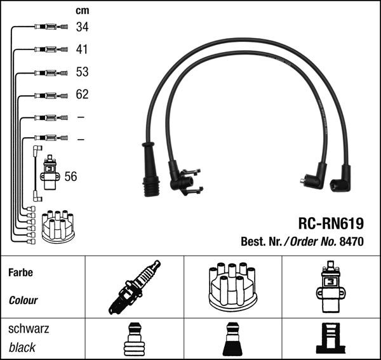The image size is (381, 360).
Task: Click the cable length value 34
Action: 82,27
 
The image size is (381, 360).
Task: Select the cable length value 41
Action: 82,49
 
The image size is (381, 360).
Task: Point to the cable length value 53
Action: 82,72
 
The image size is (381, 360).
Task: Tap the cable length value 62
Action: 82,95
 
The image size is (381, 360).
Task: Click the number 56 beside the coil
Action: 70,177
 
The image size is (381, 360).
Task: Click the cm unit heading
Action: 82,10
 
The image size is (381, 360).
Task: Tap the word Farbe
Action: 21,272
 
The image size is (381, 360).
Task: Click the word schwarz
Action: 29,329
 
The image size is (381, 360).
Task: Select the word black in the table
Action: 22,347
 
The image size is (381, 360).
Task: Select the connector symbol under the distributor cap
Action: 232,340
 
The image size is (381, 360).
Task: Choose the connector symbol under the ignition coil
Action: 330,340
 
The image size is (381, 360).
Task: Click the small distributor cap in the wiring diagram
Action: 58,226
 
